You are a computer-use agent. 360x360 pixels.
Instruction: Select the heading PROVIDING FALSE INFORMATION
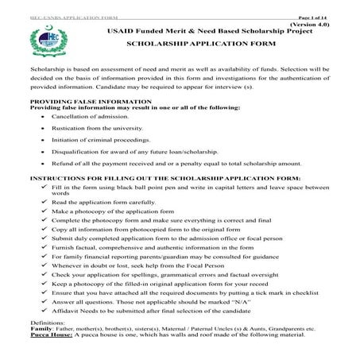(78, 103)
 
